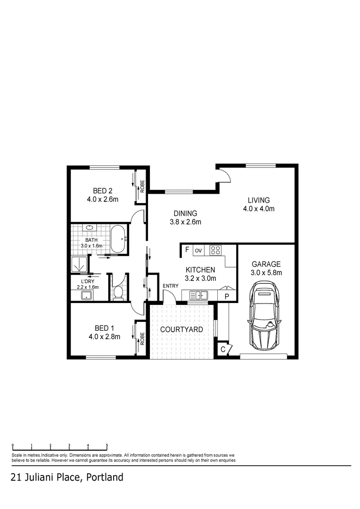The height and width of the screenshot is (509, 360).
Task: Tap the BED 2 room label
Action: tap(102, 191)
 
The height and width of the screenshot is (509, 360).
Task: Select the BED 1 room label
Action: tap(104, 328)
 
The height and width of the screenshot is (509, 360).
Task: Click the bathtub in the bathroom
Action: tap(118, 239)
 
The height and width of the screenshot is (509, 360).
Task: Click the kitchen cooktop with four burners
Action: tap(216, 250)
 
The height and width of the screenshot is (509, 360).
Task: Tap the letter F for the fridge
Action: tap(187, 250)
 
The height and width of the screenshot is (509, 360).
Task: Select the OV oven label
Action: tap(198, 250)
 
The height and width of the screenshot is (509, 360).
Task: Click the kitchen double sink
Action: tap(199, 296)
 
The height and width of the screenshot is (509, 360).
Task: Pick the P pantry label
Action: tap(227, 296)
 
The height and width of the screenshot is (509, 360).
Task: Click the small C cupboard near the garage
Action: tap(223, 350)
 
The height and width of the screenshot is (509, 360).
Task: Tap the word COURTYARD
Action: tap(181, 329)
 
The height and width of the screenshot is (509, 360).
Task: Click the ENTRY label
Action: tap(170, 286)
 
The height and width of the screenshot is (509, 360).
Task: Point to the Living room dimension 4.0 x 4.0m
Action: tap(258, 209)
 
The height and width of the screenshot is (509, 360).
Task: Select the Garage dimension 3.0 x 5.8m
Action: tap(266, 272)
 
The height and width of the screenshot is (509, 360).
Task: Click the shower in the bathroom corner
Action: tap(79, 264)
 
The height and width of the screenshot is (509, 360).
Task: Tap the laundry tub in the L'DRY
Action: tap(86, 296)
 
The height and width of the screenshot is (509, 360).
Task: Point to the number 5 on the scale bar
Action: tap(107, 445)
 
